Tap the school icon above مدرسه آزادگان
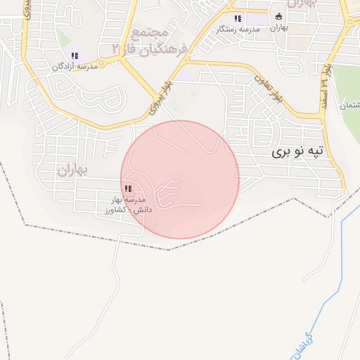click(x=75, y=56)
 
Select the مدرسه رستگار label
click(x=235, y=29)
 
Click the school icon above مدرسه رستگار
click(x=238, y=18)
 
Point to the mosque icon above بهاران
click(x=278, y=16)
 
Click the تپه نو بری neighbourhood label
click(x=300, y=151)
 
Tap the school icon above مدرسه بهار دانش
click(x=128, y=188)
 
